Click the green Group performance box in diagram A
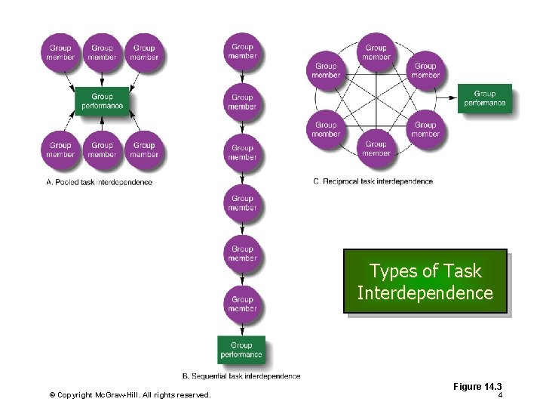click(x=102, y=101)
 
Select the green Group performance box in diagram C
click(x=484, y=99)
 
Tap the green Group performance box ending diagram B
click(x=241, y=350)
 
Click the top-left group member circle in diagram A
click(x=60, y=52)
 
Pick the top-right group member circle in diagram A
click(x=144, y=52)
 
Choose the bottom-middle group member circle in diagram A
click(x=102, y=150)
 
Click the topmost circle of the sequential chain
click(x=242, y=51)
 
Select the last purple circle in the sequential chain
click(x=242, y=304)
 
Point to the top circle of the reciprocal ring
click(x=376, y=52)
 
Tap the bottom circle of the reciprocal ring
click(x=376, y=148)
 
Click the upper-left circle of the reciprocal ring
click(x=326, y=70)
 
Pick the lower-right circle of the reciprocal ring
click(x=425, y=129)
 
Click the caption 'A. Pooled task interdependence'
click(x=99, y=182)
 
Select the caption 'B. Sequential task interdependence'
click(x=241, y=376)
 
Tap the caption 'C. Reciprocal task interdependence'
click(x=373, y=181)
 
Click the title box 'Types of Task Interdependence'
click(x=425, y=282)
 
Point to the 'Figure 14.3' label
click(x=477, y=387)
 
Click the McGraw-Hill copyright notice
click(x=130, y=395)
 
